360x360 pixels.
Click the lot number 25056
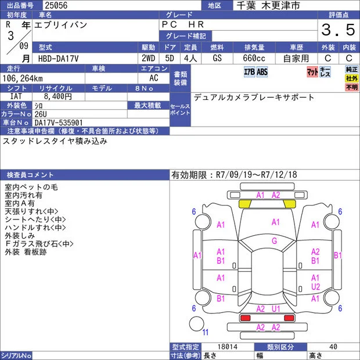pyautogui.click(x=56, y=5)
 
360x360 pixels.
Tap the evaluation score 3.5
pyautogui.click(x=338, y=30)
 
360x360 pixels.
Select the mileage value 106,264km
pyautogui.click(x=23, y=78)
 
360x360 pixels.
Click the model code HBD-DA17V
pyautogui.click(x=58, y=59)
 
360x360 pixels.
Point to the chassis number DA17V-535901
pyautogui.click(x=58, y=123)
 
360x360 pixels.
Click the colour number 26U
pyautogui.click(x=41, y=114)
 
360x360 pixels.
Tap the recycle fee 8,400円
pyautogui.click(x=58, y=96)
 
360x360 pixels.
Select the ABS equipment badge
pyautogui.click(x=262, y=72)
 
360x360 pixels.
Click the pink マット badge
pyautogui.click(x=312, y=72)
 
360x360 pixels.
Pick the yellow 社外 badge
pyautogui.click(x=351, y=78)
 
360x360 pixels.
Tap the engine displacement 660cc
pyautogui.click(x=254, y=58)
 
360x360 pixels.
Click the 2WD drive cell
pyautogui.click(x=148, y=58)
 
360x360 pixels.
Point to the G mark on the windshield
pyautogui.click(x=275, y=241)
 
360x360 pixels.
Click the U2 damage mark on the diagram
pyautogui.click(x=315, y=287)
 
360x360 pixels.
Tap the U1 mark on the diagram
pyautogui.click(x=276, y=309)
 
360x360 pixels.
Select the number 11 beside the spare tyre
pyautogui.click(x=205, y=332)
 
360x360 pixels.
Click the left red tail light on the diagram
pyautogui.click(x=245, y=318)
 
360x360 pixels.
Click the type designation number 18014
pyautogui.click(x=228, y=347)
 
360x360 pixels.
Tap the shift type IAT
pyautogui.click(x=16, y=96)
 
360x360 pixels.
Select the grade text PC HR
pyautogui.click(x=183, y=24)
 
